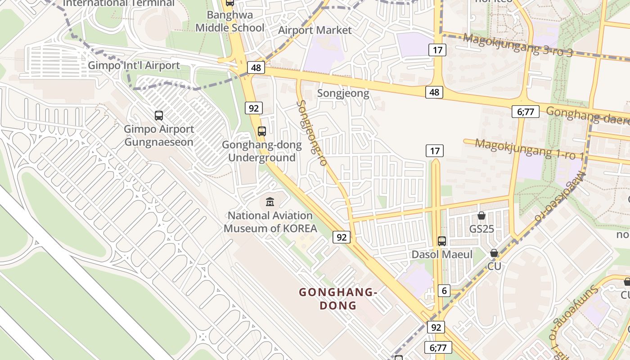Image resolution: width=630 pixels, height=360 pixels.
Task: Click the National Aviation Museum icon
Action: (270, 201)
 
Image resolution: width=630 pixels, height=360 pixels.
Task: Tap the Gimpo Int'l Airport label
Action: (134, 66)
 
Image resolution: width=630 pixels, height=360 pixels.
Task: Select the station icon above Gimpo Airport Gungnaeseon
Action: (159, 116)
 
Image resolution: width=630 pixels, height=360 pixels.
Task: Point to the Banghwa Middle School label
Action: (230, 21)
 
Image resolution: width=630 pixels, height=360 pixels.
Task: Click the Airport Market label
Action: (315, 30)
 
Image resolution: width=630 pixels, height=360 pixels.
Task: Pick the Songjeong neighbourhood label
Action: (343, 94)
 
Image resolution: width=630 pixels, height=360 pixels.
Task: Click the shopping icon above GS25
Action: (481, 216)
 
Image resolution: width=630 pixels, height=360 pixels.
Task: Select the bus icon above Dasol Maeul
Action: (442, 241)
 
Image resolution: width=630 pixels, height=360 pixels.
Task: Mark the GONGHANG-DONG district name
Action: (337, 299)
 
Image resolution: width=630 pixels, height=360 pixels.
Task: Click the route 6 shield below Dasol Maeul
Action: (444, 291)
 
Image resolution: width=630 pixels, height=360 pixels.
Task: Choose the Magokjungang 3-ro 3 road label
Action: (517, 45)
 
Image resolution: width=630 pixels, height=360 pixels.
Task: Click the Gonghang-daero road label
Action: (587, 116)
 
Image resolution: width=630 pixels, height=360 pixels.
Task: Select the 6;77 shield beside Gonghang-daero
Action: (525, 111)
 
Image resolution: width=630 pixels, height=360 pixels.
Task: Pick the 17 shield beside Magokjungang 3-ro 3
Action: (437, 49)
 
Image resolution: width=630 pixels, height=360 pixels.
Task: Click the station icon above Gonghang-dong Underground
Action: (262, 131)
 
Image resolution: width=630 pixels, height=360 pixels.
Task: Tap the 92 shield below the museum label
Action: (342, 237)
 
